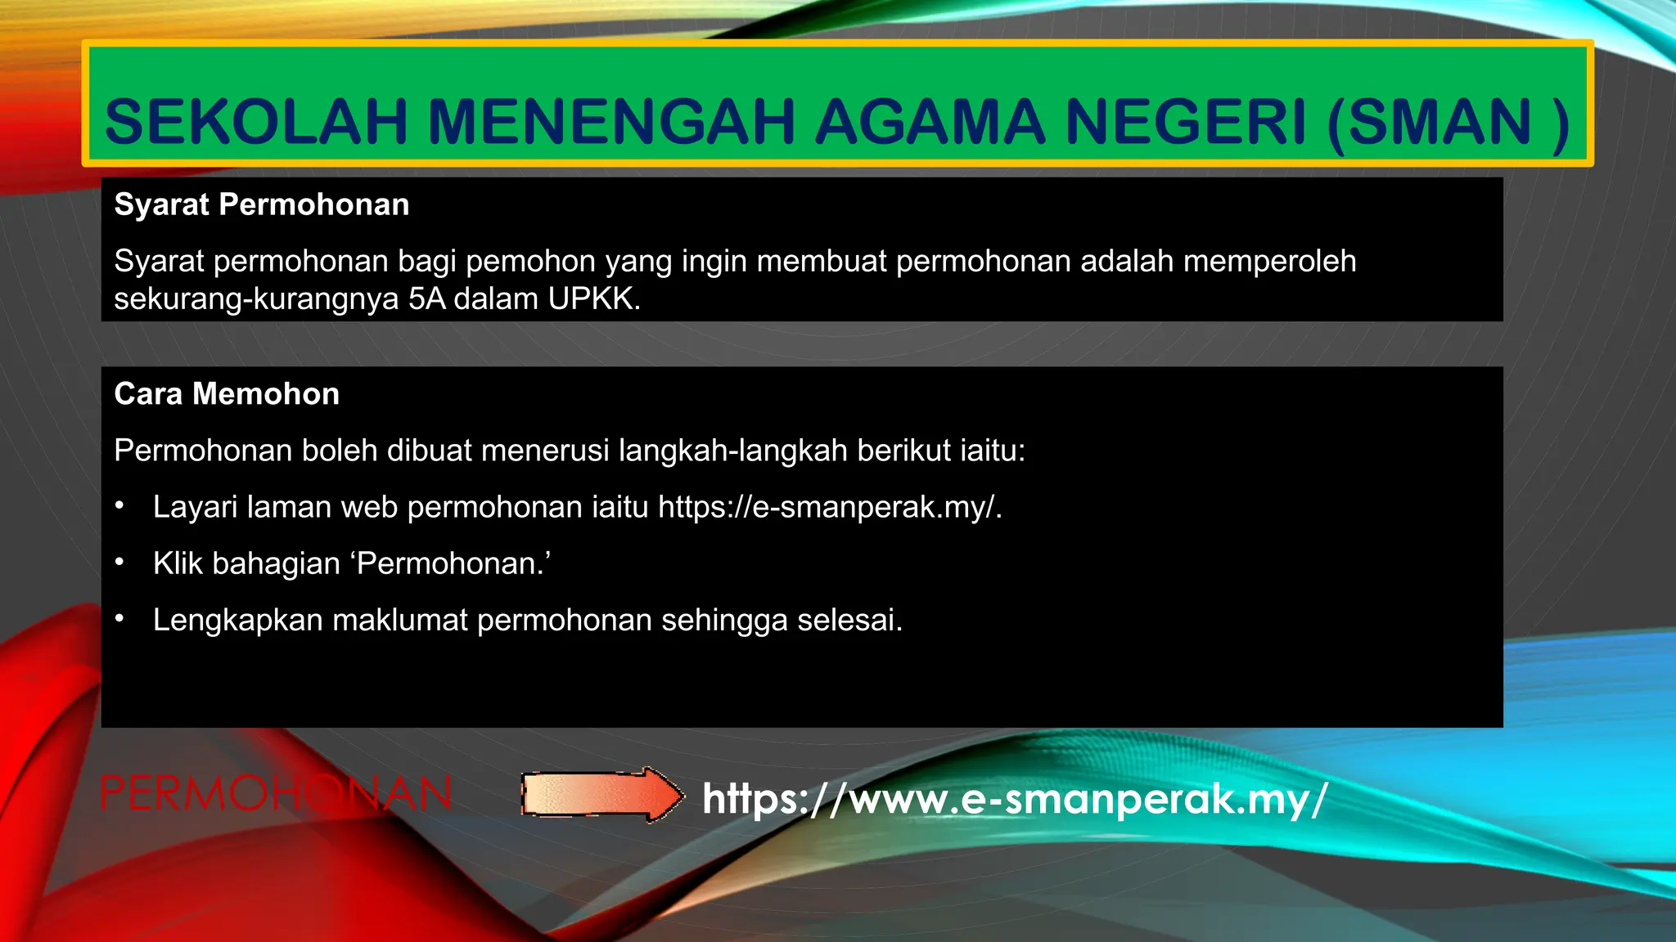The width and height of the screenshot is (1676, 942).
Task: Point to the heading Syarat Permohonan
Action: coord(262,204)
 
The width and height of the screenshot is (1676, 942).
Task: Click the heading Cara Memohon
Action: coord(227,394)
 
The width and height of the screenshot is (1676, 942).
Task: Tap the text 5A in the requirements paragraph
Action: coord(426,299)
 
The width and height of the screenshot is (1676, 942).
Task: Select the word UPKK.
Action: coord(593,299)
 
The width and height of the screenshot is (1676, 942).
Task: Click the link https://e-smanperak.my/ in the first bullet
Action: coord(829,508)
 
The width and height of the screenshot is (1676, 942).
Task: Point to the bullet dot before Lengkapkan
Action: coord(119,619)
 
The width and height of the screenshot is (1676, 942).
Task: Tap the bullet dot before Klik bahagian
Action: coord(119,563)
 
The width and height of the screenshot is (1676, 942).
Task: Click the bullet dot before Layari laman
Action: coord(119,506)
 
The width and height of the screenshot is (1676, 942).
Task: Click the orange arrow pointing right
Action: coord(602,794)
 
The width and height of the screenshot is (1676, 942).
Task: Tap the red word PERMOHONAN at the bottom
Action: coord(275,794)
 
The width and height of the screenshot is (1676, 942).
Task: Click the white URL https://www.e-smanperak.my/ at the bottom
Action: coord(1015,799)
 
